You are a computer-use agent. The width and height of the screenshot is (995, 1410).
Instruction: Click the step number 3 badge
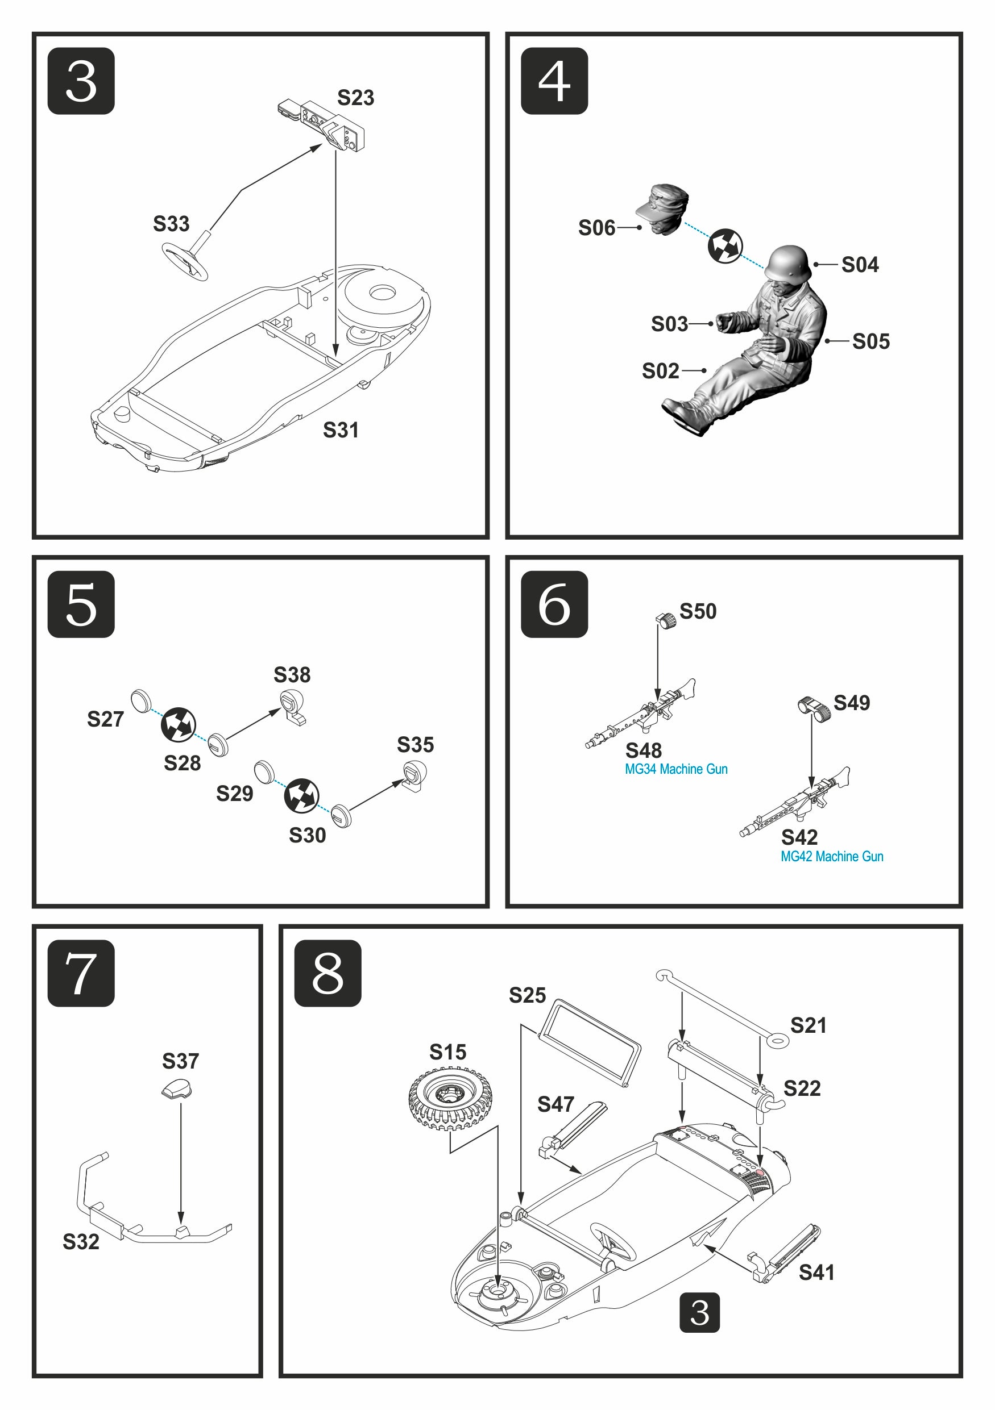(x=81, y=81)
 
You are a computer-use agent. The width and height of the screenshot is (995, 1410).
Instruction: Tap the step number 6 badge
(x=554, y=604)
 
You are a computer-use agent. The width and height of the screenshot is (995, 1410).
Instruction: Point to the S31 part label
(x=341, y=430)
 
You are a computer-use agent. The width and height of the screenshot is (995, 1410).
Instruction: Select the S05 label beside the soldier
(x=870, y=341)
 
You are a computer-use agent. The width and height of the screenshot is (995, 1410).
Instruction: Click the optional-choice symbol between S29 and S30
(x=301, y=795)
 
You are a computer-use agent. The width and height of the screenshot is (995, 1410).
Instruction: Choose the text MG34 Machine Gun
(x=676, y=769)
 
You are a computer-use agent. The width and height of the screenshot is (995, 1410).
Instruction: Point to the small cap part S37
(x=176, y=1088)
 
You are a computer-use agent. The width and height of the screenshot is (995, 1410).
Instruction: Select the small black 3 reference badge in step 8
(x=699, y=1313)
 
